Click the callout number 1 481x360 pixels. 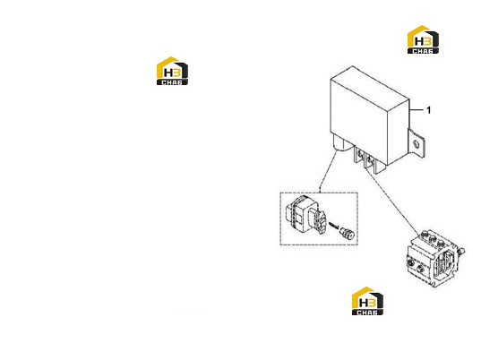pos(428,110)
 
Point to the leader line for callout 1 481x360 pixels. pos(416,109)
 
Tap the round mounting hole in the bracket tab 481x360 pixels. pos(417,144)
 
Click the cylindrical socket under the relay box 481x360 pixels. pos(341,143)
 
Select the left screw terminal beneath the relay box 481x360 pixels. pos(359,151)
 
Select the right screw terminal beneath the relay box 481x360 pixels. pos(370,159)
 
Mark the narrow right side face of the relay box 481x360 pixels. pos(399,133)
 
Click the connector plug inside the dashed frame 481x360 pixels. pos(305,215)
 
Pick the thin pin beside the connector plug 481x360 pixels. pos(334,226)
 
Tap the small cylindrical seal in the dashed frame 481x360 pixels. pos(347,233)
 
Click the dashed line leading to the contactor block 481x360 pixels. pos(392,201)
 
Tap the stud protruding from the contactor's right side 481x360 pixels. pos(461,252)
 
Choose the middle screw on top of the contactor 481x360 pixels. pos(433,238)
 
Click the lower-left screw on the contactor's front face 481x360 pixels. pos(410,262)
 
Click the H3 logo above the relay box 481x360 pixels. pos(423,39)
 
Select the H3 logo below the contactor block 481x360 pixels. pos(367,301)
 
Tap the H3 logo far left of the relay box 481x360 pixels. pos(172,71)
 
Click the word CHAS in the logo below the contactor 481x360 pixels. pos(367,313)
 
